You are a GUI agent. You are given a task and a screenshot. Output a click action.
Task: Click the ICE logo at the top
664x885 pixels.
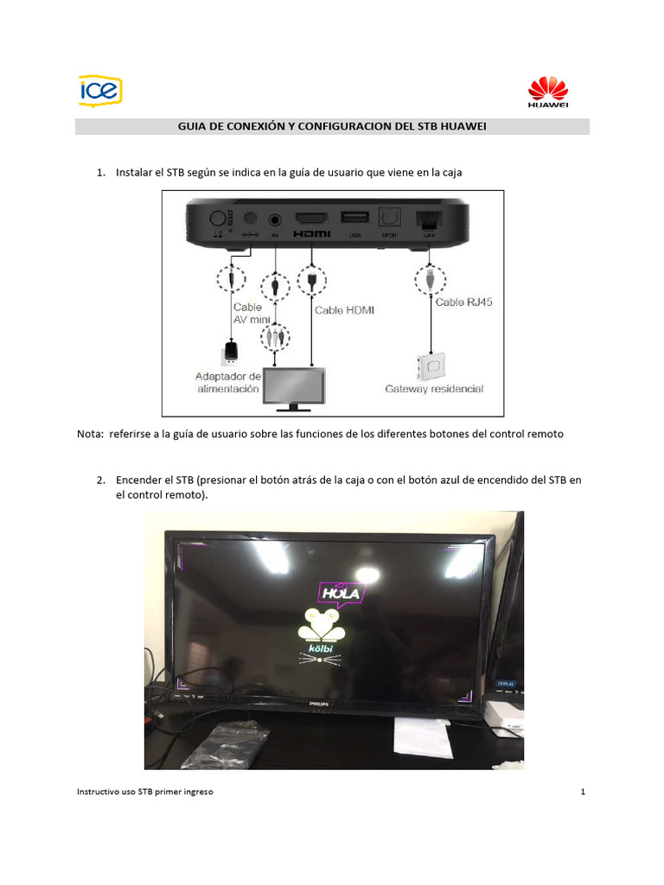[x=100, y=90]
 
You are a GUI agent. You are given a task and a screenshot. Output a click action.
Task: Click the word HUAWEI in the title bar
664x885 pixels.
[x=464, y=127]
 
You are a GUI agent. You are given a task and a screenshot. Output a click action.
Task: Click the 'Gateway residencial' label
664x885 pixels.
[x=434, y=389]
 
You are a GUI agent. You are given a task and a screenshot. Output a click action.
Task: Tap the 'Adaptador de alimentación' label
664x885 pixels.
[x=229, y=383]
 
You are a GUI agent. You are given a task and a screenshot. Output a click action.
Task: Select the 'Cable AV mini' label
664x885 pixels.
[x=247, y=313]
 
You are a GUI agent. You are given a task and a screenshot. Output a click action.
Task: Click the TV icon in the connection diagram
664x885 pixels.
[x=295, y=388]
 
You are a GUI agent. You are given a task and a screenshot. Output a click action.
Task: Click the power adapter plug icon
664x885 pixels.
[x=230, y=352]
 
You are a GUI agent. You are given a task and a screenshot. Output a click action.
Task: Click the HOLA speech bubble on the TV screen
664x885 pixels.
[x=339, y=594]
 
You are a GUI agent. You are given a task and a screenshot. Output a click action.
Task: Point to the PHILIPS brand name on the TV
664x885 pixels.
[x=321, y=705]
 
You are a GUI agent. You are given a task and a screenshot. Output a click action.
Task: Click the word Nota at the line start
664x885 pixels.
[x=89, y=435]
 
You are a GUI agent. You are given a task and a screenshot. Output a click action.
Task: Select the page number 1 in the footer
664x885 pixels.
[x=584, y=792]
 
